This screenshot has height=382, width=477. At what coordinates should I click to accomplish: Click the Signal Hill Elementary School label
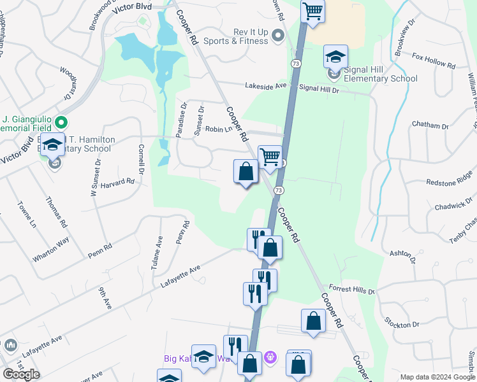point(380,74)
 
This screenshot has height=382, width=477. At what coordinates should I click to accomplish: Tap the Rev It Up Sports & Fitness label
point(239,36)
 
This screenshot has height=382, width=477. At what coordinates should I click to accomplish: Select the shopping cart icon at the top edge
point(312,11)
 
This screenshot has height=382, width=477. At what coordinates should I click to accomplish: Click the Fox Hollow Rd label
point(434,61)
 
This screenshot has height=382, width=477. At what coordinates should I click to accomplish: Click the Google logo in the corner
point(21,374)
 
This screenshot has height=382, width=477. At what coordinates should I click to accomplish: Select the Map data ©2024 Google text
point(437,377)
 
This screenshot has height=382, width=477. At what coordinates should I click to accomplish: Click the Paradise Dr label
point(182,120)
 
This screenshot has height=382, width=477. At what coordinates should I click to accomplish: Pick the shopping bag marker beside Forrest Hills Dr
point(312,322)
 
